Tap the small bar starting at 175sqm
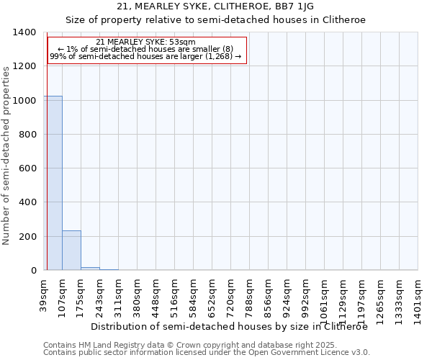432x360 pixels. (90, 269)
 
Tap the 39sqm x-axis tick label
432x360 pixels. (44, 294)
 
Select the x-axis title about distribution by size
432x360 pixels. (230, 326)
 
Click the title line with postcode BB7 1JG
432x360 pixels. (216, 7)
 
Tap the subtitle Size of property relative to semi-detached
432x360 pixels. (216, 20)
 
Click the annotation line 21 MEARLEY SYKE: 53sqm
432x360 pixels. (145, 42)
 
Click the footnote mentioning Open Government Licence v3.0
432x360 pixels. (207, 353)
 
